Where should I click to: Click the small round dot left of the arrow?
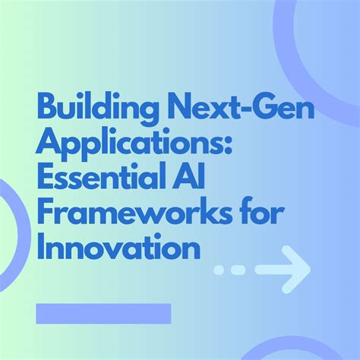(x=219, y=269)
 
